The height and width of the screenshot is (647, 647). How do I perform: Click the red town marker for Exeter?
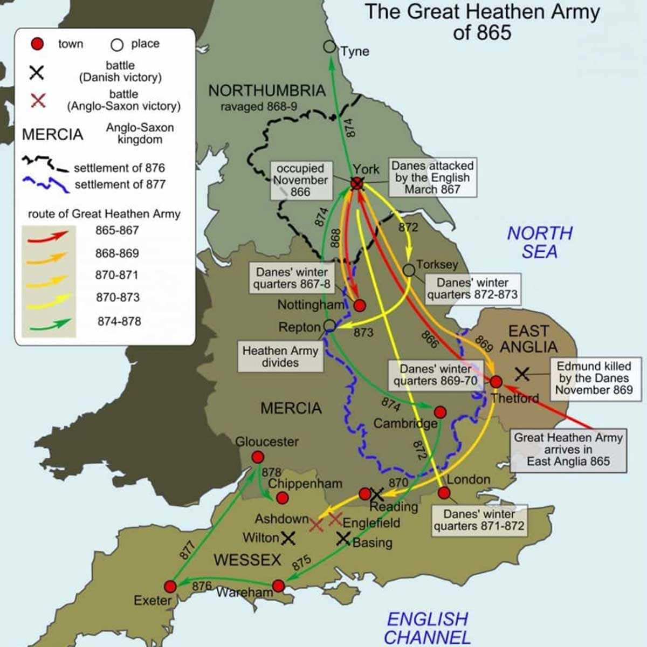[170, 586]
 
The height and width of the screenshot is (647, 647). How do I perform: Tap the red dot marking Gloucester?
[258, 457]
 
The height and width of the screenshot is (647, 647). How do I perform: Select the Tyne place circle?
[330, 47]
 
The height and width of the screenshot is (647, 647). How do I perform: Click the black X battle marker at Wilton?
[288, 538]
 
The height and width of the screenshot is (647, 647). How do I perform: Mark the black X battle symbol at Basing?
[343, 538]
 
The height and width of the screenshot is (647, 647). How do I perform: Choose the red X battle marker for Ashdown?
[316, 525]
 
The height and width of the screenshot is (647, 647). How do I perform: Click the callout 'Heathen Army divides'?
[280, 356]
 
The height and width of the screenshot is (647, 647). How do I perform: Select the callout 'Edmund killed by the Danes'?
[594, 378]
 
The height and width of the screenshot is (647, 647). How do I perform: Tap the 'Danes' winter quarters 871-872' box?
[479, 520]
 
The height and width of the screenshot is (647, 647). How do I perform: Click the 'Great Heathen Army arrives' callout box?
[568, 449]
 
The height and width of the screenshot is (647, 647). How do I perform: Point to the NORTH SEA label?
[540, 242]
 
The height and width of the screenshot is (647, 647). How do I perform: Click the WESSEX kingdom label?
[247, 560]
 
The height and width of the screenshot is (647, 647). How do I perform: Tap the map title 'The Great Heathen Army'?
[482, 22]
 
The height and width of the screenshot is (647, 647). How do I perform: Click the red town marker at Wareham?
[278, 586]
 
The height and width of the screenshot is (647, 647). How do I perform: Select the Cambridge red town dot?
[440, 412]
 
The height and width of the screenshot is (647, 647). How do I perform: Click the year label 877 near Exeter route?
[186, 549]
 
